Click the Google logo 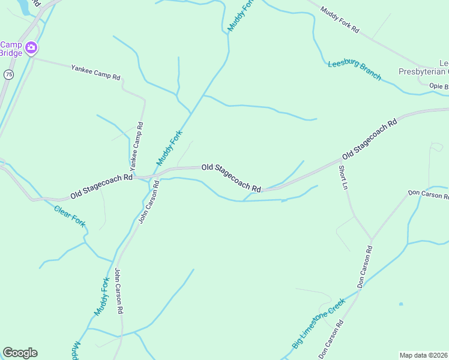(20, 353)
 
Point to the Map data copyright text (424, 355)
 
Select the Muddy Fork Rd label (339, 20)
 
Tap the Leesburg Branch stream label (354, 70)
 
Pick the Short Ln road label (344, 178)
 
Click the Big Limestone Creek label (319, 323)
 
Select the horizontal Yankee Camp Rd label (96, 73)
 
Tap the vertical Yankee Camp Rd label (137, 145)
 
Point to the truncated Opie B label (439, 86)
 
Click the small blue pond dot (401, 304)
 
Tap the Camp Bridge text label (11, 49)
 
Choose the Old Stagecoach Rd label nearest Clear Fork (101, 186)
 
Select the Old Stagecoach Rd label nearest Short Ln (369, 139)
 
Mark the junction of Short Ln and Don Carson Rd (372, 240)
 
